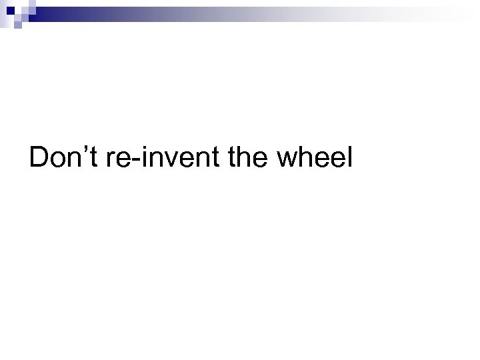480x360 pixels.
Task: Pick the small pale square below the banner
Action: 18,24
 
